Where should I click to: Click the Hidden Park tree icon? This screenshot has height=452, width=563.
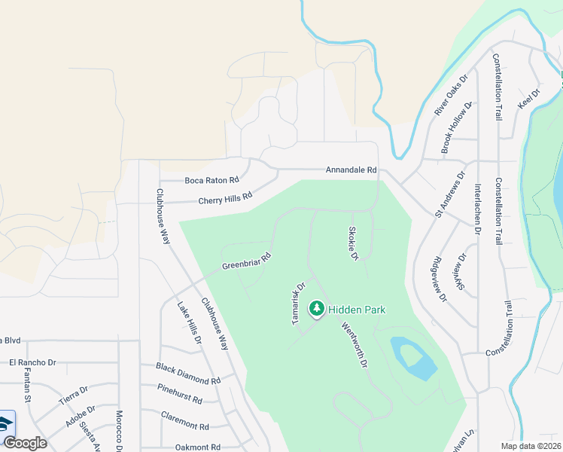point(317,308)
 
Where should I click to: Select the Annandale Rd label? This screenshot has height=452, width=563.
point(351,170)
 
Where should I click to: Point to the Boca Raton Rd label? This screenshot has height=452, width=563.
point(212,180)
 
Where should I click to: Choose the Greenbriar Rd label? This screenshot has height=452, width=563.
point(246,261)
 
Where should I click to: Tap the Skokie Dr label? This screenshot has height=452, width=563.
point(352,243)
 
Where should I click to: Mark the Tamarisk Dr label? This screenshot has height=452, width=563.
point(297,303)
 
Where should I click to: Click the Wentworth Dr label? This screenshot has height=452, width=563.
point(354,345)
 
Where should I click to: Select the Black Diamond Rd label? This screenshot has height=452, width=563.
point(188,374)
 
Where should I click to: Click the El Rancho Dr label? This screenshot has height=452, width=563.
point(32,362)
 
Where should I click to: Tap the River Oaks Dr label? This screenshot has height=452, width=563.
point(451,95)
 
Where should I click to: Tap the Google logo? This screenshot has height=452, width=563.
point(25,442)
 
